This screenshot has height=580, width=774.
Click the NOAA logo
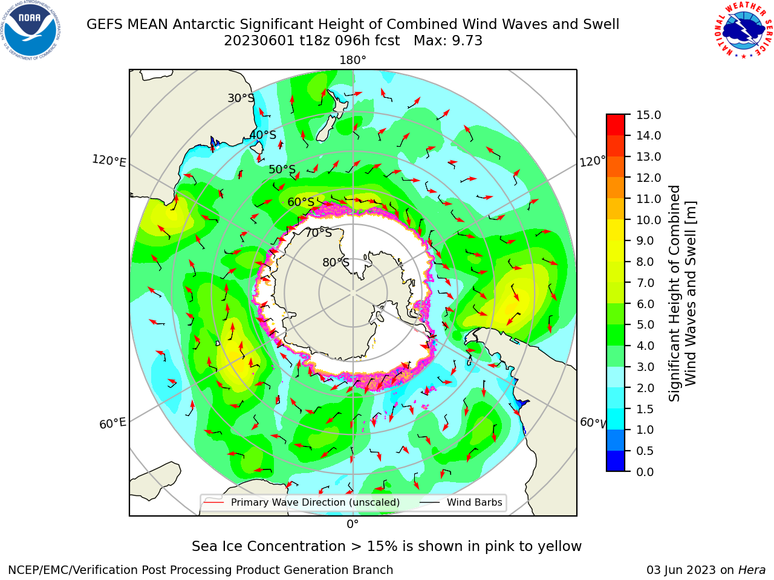click(x=30, y=30)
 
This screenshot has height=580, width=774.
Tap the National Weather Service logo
click(x=744, y=30)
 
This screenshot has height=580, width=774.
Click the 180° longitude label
click(x=353, y=60)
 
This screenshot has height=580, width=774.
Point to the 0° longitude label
click(x=353, y=524)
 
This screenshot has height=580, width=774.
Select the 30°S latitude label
click(x=241, y=98)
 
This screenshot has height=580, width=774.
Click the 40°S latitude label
click(x=263, y=135)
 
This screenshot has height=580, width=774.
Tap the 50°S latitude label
click(x=282, y=169)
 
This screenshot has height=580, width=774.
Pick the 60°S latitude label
click(x=301, y=202)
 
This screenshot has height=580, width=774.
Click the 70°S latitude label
click(x=319, y=233)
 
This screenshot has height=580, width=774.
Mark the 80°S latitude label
click(x=336, y=262)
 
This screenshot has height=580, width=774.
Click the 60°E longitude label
click(x=112, y=424)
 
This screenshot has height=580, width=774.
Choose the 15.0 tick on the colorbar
click(x=648, y=115)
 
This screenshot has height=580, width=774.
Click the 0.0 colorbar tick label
click(x=645, y=472)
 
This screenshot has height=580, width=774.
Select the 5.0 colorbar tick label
click(x=645, y=324)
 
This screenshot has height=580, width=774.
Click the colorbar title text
click(x=682, y=294)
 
